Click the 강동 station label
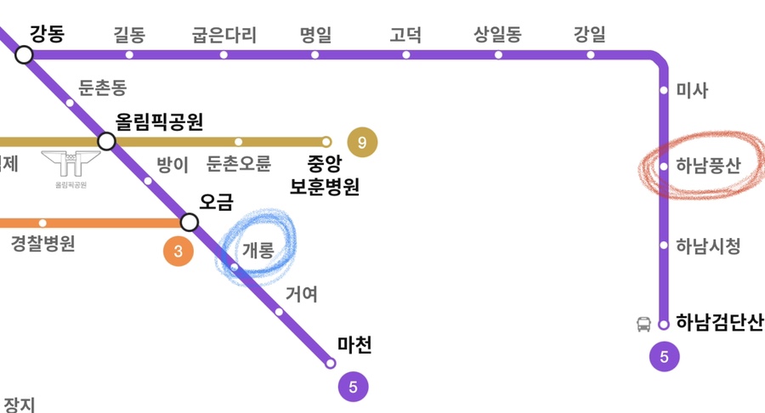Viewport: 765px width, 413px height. pyautogui.click(x=47, y=35)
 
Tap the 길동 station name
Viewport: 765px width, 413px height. pyautogui.click(x=129, y=36)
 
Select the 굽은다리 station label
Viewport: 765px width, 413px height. pyautogui.click(x=224, y=36)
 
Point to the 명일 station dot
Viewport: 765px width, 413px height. pyautogui.click(x=315, y=55)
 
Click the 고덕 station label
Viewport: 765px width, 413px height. pyautogui.click(x=405, y=36)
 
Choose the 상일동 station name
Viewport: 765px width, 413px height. pyautogui.click(x=497, y=36)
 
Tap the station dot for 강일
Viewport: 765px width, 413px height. pyautogui.click(x=591, y=55)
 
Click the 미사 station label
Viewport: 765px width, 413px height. pyautogui.click(x=692, y=91)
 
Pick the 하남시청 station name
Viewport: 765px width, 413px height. pyautogui.click(x=708, y=246)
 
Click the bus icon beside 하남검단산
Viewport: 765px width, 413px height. pyautogui.click(x=643, y=324)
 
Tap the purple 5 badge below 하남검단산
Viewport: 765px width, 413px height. pyautogui.click(x=664, y=358)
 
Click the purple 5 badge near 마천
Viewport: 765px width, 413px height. pyautogui.click(x=353, y=388)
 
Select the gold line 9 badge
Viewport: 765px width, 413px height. pyautogui.click(x=362, y=143)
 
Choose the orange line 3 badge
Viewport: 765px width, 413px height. pyautogui.click(x=178, y=252)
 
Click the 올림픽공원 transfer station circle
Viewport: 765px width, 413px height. pyautogui.click(x=107, y=141)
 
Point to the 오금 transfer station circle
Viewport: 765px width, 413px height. pyautogui.click(x=190, y=223)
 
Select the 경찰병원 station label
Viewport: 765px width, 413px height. pyautogui.click(x=42, y=244)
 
